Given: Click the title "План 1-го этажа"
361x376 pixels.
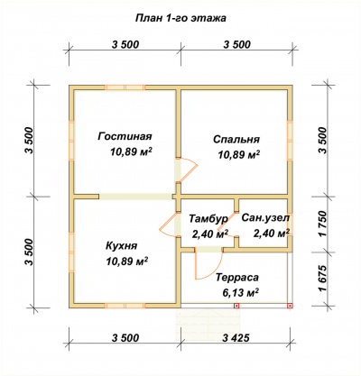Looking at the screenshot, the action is point(180,18).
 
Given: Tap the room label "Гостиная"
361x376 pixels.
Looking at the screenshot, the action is point(125,136).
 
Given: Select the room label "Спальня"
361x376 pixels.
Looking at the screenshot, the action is point(236,140).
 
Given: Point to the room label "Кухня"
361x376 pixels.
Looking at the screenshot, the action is point(121,246).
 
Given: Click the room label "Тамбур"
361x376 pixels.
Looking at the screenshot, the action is point(208,219).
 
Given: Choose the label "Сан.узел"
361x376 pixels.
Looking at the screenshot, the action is point(265,217).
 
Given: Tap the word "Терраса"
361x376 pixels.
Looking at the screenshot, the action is point(237,277).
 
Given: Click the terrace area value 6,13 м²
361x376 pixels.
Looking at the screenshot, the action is point(241,292).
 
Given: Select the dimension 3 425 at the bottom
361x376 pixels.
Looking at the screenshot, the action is point(236,338).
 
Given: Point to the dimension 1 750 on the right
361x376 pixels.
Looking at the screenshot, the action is point(322,224).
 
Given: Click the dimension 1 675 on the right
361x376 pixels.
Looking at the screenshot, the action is point(322,279).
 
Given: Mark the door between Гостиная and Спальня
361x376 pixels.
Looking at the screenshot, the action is point(187,170).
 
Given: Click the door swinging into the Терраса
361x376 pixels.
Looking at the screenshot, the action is point(208,263).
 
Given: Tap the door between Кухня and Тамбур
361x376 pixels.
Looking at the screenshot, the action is point(170,225).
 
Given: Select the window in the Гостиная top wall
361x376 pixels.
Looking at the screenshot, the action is point(125,87).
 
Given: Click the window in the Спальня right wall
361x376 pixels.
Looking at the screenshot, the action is point(290,141).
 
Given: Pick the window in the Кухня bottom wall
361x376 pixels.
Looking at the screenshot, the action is point(125,306).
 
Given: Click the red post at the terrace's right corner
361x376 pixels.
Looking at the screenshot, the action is point(290,306).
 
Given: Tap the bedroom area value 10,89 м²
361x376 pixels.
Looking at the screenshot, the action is point(239,154).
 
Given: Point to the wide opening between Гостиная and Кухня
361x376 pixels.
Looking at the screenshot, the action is point(136,197).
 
